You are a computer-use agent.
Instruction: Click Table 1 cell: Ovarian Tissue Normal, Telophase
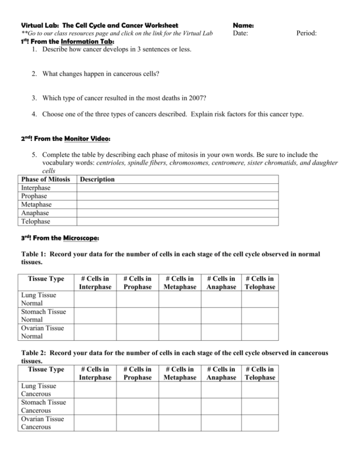tap(260, 332)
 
